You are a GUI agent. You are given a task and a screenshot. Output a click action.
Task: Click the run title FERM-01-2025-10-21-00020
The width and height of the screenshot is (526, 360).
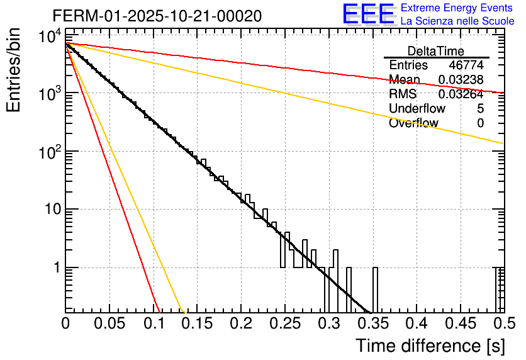click(157, 15)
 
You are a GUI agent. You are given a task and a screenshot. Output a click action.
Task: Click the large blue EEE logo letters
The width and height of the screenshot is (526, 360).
click(368, 14)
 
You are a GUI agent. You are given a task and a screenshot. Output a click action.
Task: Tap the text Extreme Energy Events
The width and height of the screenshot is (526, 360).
click(457, 8)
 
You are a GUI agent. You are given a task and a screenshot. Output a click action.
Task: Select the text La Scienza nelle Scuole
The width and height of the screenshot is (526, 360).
click(457, 21)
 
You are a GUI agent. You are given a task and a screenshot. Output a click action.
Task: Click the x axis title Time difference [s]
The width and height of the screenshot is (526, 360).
click(429, 346)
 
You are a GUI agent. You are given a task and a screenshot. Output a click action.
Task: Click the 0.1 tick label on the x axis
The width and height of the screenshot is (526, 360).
click(153, 324)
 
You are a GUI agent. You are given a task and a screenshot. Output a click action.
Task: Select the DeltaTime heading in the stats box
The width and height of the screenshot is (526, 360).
click(436, 51)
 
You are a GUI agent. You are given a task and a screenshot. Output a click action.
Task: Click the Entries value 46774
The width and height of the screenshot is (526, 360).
click(466, 65)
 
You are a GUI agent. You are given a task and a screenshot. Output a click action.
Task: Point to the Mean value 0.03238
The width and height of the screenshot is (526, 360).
click(461, 79)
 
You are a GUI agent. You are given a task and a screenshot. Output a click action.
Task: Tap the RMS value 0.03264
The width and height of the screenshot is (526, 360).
click(461, 94)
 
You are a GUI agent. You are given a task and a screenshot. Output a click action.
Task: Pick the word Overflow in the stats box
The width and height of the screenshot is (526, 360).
click(413, 123)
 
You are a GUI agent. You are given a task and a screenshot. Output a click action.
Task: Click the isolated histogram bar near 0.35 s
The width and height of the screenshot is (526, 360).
click(376, 290)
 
